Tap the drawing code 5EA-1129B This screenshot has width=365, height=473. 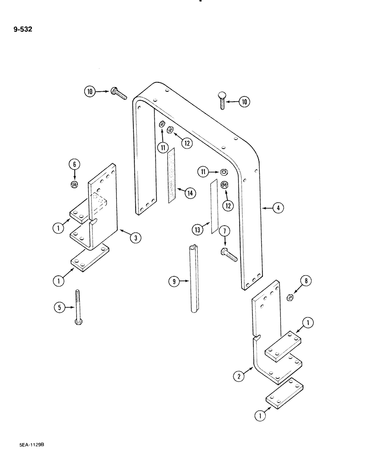(26, 446)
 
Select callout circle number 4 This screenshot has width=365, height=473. (279, 208)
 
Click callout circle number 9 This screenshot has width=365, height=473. (174, 282)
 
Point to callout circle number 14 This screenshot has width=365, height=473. (191, 193)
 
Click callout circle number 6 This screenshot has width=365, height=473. (74, 164)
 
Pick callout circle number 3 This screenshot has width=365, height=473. (136, 238)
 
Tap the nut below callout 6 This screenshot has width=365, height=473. (74, 183)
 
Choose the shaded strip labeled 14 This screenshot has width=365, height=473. (172, 175)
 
